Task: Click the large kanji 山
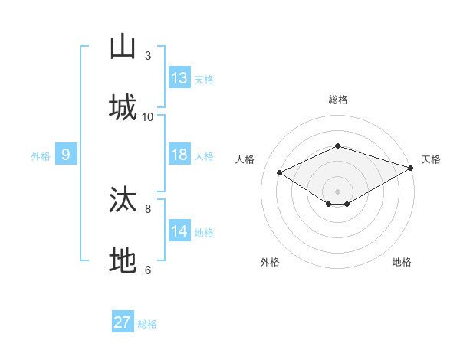[x=123, y=46]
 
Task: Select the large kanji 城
[x=123, y=107]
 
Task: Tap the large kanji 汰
[x=123, y=198]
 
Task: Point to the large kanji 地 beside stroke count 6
[x=123, y=260]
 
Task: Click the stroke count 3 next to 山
[x=148, y=55]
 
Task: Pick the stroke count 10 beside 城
[x=147, y=117]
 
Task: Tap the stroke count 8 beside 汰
[x=148, y=209]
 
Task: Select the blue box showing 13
[x=179, y=77]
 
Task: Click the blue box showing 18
[x=179, y=154]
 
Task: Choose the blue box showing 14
[x=179, y=230]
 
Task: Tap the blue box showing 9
[x=66, y=154]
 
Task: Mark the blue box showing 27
[x=123, y=321]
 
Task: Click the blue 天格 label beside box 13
[x=204, y=80]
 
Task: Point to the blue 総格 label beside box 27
[x=147, y=324]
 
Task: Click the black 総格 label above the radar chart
[x=338, y=100]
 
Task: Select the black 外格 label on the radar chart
[x=270, y=262]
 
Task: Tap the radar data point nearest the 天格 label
[x=411, y=168]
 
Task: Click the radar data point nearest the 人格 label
[x=279, y=172]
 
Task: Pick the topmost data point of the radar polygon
[x=337, y=146]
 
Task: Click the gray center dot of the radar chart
[x=337, y=191]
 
